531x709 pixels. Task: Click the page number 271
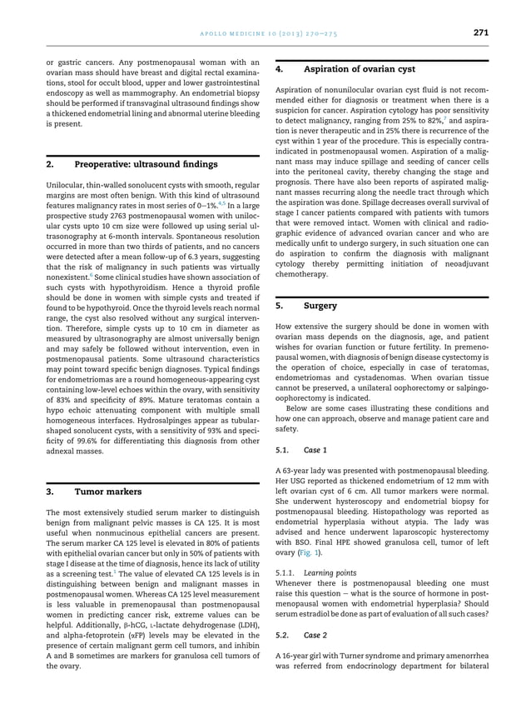coord(480,32)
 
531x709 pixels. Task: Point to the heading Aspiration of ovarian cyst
coord(354,69)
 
